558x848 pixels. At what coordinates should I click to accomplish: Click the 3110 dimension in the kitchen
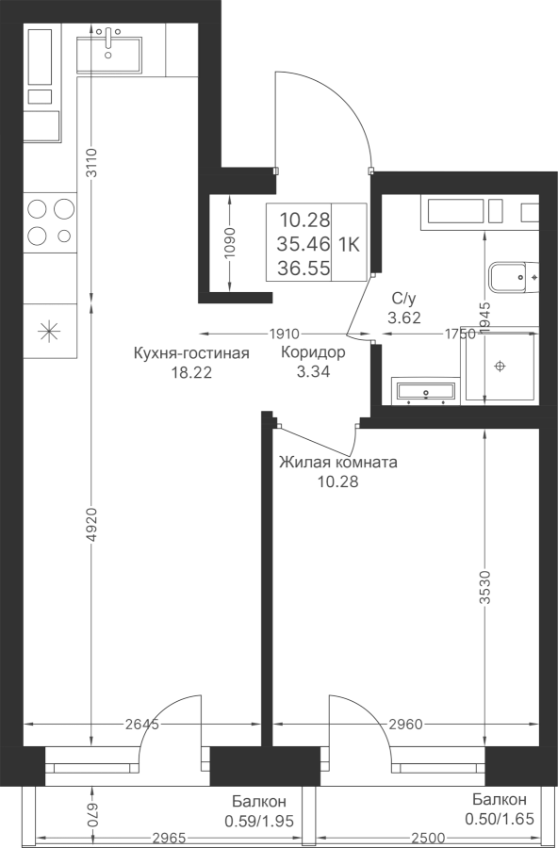91,163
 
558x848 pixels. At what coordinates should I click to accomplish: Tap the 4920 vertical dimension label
91,524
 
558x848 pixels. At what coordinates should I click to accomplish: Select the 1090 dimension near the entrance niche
230,243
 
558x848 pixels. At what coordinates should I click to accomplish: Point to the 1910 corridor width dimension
285,334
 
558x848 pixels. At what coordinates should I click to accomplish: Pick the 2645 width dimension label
141,725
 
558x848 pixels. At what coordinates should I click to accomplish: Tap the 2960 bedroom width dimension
406,725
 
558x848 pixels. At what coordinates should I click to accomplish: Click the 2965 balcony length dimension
169,839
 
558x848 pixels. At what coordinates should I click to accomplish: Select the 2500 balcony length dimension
428,839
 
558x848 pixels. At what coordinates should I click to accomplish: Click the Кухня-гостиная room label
191,353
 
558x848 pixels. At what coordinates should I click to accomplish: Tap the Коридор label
313,352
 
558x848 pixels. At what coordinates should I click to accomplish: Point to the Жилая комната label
338,463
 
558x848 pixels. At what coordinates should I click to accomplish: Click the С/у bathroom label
403,298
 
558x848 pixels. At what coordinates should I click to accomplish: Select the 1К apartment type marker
349,244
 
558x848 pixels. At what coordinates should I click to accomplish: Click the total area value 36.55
304,268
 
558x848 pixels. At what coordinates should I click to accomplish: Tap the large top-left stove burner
37,208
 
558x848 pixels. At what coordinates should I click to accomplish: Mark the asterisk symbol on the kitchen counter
49,331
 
